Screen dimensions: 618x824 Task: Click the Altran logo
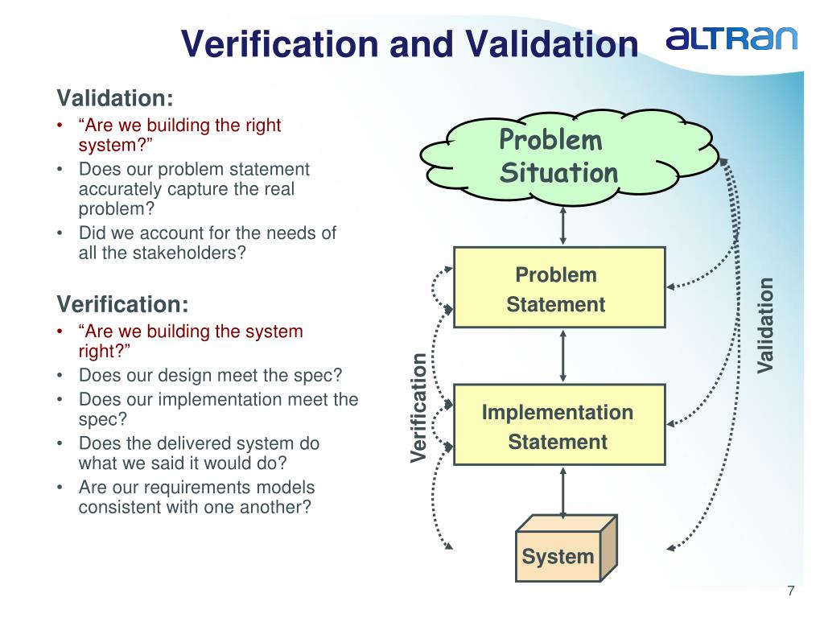tap(731, 38)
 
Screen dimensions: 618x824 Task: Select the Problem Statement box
tap(559, 288)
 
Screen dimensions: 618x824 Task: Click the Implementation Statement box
tap(559, 426)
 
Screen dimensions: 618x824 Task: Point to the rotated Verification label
tap(418, 408)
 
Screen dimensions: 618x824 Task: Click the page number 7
tap(791, 591)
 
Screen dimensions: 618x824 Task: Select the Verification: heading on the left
tap(122, 304)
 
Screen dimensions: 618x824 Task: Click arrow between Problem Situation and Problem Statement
tap(562, 223)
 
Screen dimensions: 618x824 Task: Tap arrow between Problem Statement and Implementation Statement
tap(562, 355)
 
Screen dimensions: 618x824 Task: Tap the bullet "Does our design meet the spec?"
tap(210, 375)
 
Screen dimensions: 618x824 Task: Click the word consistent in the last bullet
tap(121, 508)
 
